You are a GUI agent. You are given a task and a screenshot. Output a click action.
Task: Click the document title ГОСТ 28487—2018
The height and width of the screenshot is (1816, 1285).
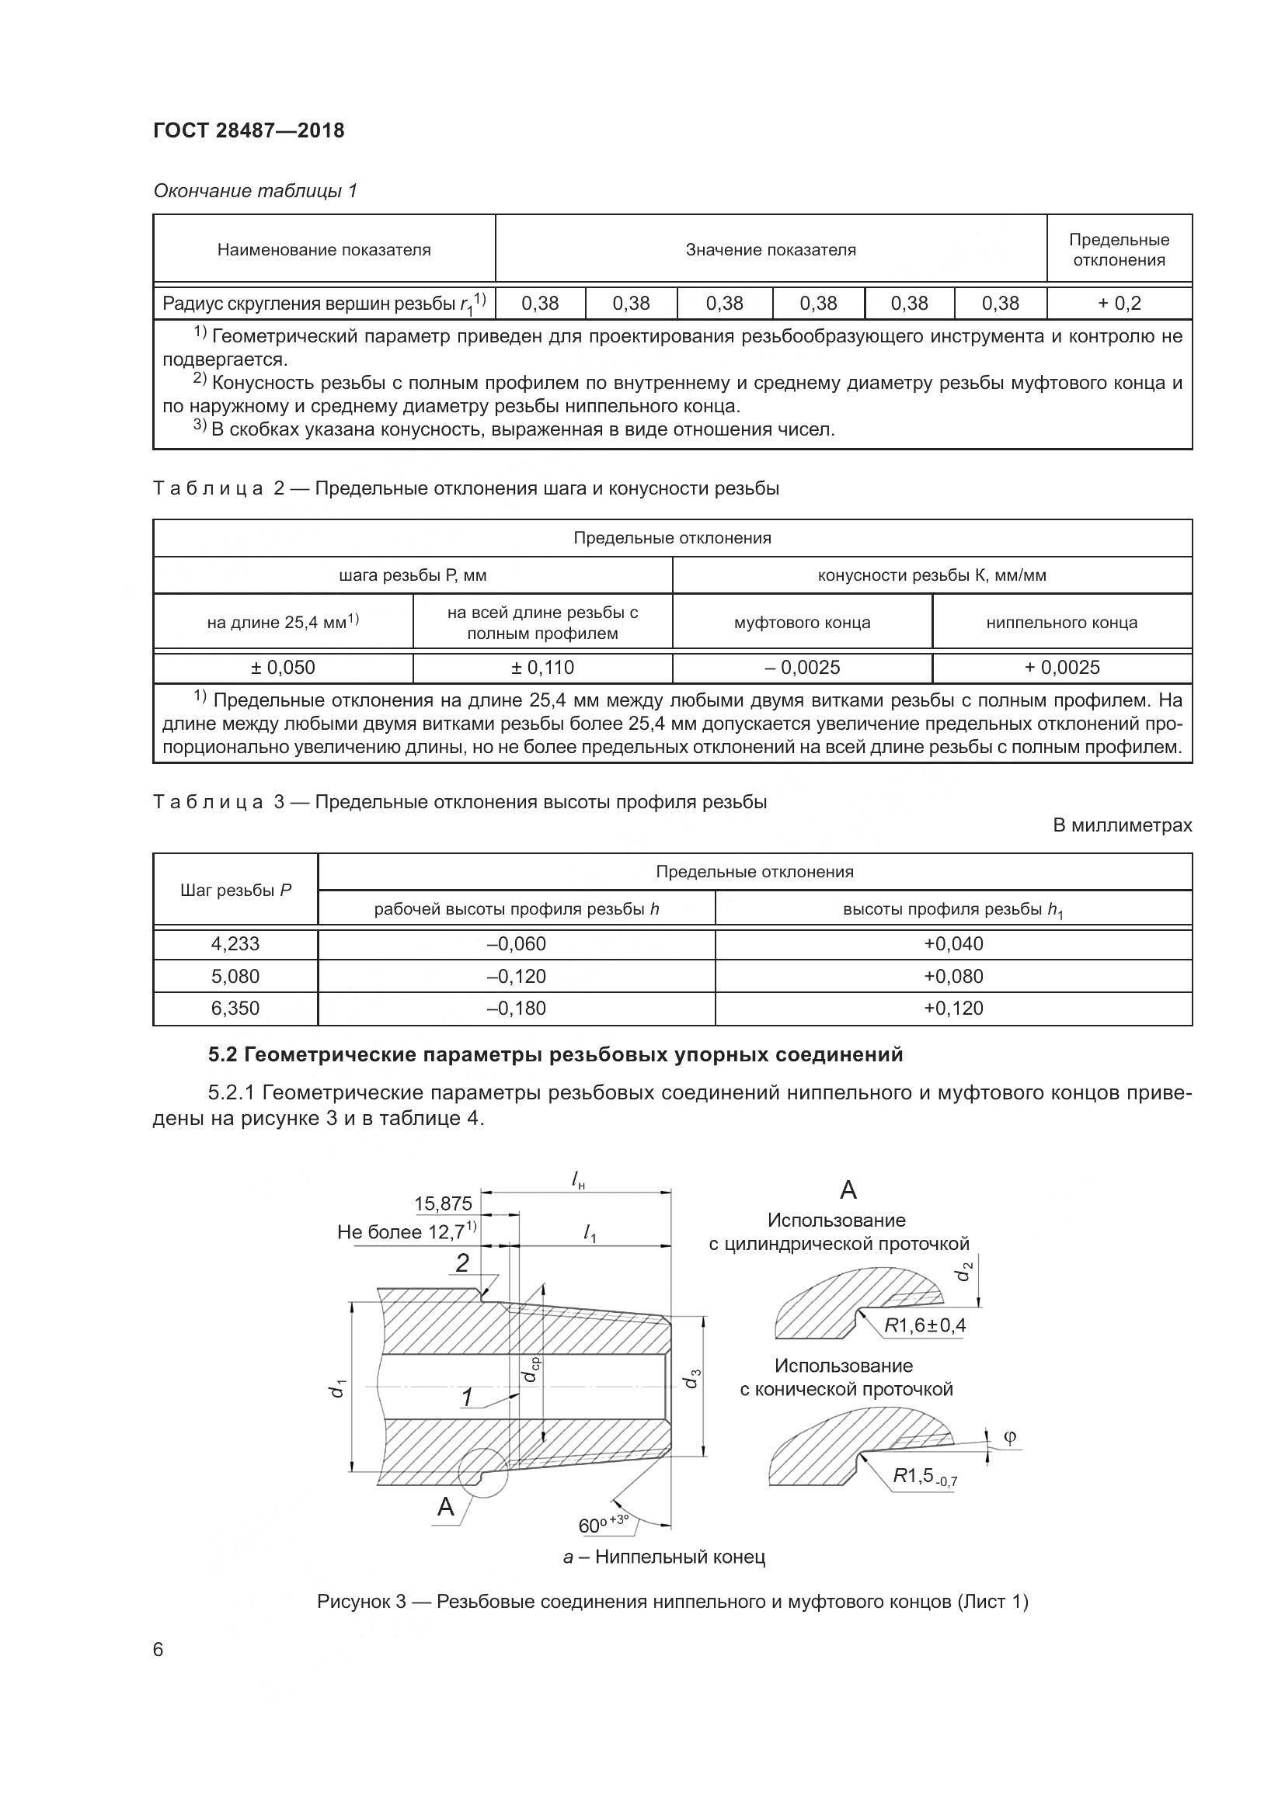(x=249, y=130)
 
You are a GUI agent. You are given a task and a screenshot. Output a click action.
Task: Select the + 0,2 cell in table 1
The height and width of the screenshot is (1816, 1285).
(x=1119, y=303)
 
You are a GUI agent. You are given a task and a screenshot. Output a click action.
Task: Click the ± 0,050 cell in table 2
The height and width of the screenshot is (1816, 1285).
(x=283, y=668)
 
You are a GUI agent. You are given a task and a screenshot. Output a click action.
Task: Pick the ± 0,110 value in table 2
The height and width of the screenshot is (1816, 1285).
(x=542, y=668)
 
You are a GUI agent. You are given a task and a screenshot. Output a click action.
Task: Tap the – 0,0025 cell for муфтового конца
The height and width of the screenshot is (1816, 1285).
(x=802, y=668)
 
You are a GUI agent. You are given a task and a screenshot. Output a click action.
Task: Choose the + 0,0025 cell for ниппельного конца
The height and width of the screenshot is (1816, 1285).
(x=1062, y=668)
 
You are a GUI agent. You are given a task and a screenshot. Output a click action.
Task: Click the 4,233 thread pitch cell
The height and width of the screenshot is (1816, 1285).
(x=235, y=943)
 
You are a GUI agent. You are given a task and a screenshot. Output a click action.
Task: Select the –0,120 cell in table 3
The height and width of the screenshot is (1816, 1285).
(x=516, y=976)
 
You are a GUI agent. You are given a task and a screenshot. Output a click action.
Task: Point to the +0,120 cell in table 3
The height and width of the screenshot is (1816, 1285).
(x=953, y=1009)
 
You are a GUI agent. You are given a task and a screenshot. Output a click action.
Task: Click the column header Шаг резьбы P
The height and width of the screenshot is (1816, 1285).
(x=235, y=890)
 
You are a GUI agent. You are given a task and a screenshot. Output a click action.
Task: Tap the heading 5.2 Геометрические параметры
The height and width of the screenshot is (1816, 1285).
(x=555, y=1054)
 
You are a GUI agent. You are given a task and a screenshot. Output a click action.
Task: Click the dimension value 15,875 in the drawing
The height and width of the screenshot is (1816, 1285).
(x=443, y=1204)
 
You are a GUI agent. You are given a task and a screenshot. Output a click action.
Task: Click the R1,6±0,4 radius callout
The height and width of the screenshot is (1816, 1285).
(x=925, y=1325)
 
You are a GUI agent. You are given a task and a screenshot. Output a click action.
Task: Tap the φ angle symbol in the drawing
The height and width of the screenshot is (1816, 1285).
(x=1010, y=1437)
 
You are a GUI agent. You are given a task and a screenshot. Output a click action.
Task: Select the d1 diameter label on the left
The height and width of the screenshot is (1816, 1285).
(x=339, y=1388)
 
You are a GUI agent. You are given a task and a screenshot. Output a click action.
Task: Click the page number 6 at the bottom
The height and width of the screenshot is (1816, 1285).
(x=158, y=1650)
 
